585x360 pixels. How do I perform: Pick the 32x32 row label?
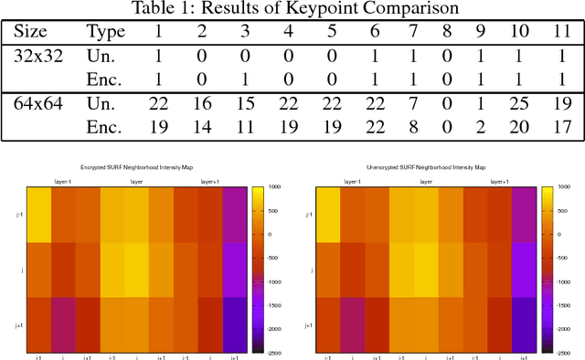click(38, 55)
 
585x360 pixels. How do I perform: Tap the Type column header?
click(104, 32)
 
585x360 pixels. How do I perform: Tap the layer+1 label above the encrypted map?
click(212, 181)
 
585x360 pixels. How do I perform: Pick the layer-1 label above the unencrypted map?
click(352, 181)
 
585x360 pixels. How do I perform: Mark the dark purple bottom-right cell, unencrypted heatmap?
click(524, 325)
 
